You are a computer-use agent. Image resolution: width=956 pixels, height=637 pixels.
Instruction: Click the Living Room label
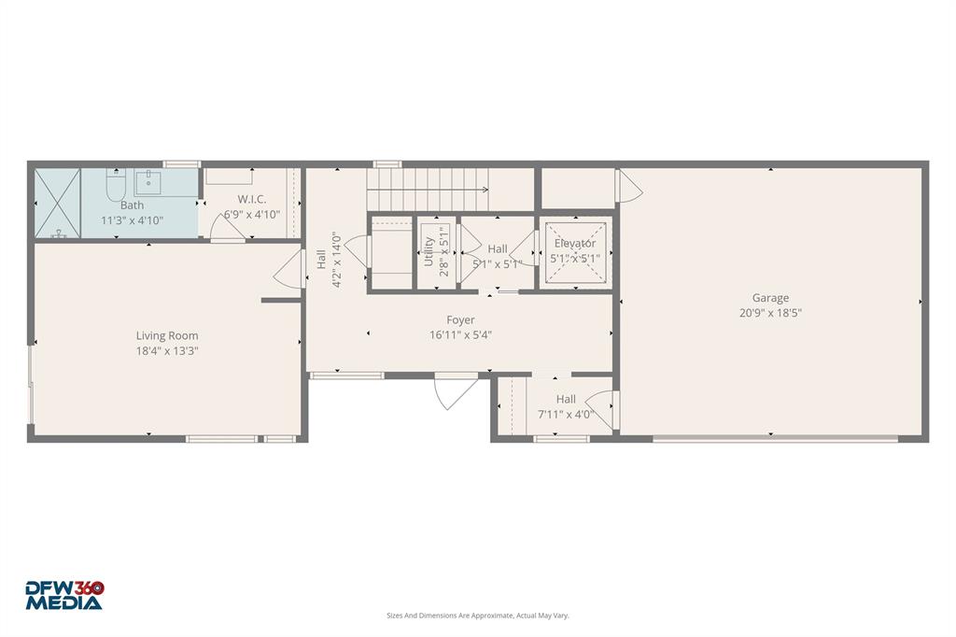[167, 336]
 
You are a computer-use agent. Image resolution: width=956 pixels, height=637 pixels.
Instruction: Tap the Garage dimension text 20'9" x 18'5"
[771, 314]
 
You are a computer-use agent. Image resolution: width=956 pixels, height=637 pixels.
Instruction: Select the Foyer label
[460, 320]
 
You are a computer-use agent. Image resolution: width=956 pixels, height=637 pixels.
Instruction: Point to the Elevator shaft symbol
[574, 253]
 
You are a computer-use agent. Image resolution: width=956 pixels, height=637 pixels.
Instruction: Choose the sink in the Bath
[148, 180]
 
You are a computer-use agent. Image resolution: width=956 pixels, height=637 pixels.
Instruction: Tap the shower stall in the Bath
[58, 203]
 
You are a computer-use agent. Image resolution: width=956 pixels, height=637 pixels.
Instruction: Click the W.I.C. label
[252, 199]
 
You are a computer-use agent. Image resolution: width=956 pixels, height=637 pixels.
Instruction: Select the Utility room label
[429, 252]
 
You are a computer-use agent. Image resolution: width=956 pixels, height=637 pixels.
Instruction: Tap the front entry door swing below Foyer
[455, 392]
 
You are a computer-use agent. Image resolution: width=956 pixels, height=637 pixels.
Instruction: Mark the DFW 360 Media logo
[64, 595]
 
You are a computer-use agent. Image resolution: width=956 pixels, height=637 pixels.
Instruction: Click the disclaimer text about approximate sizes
[478, 616]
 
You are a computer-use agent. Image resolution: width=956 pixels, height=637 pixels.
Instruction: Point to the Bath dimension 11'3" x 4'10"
[132, 220]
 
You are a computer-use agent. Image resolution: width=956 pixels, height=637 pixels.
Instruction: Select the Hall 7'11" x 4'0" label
[566, 400]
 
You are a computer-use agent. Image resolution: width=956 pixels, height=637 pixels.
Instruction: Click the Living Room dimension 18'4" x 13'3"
[167, 351]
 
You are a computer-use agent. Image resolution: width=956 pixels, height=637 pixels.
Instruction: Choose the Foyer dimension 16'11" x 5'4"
[460, 334]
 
